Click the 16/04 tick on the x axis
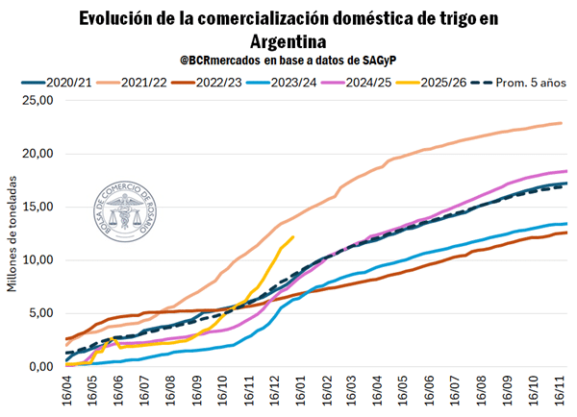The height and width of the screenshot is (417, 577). point(65,391)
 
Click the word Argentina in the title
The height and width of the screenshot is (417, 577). point(288,41)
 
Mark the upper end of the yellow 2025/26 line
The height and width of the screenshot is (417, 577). point(292,237)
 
